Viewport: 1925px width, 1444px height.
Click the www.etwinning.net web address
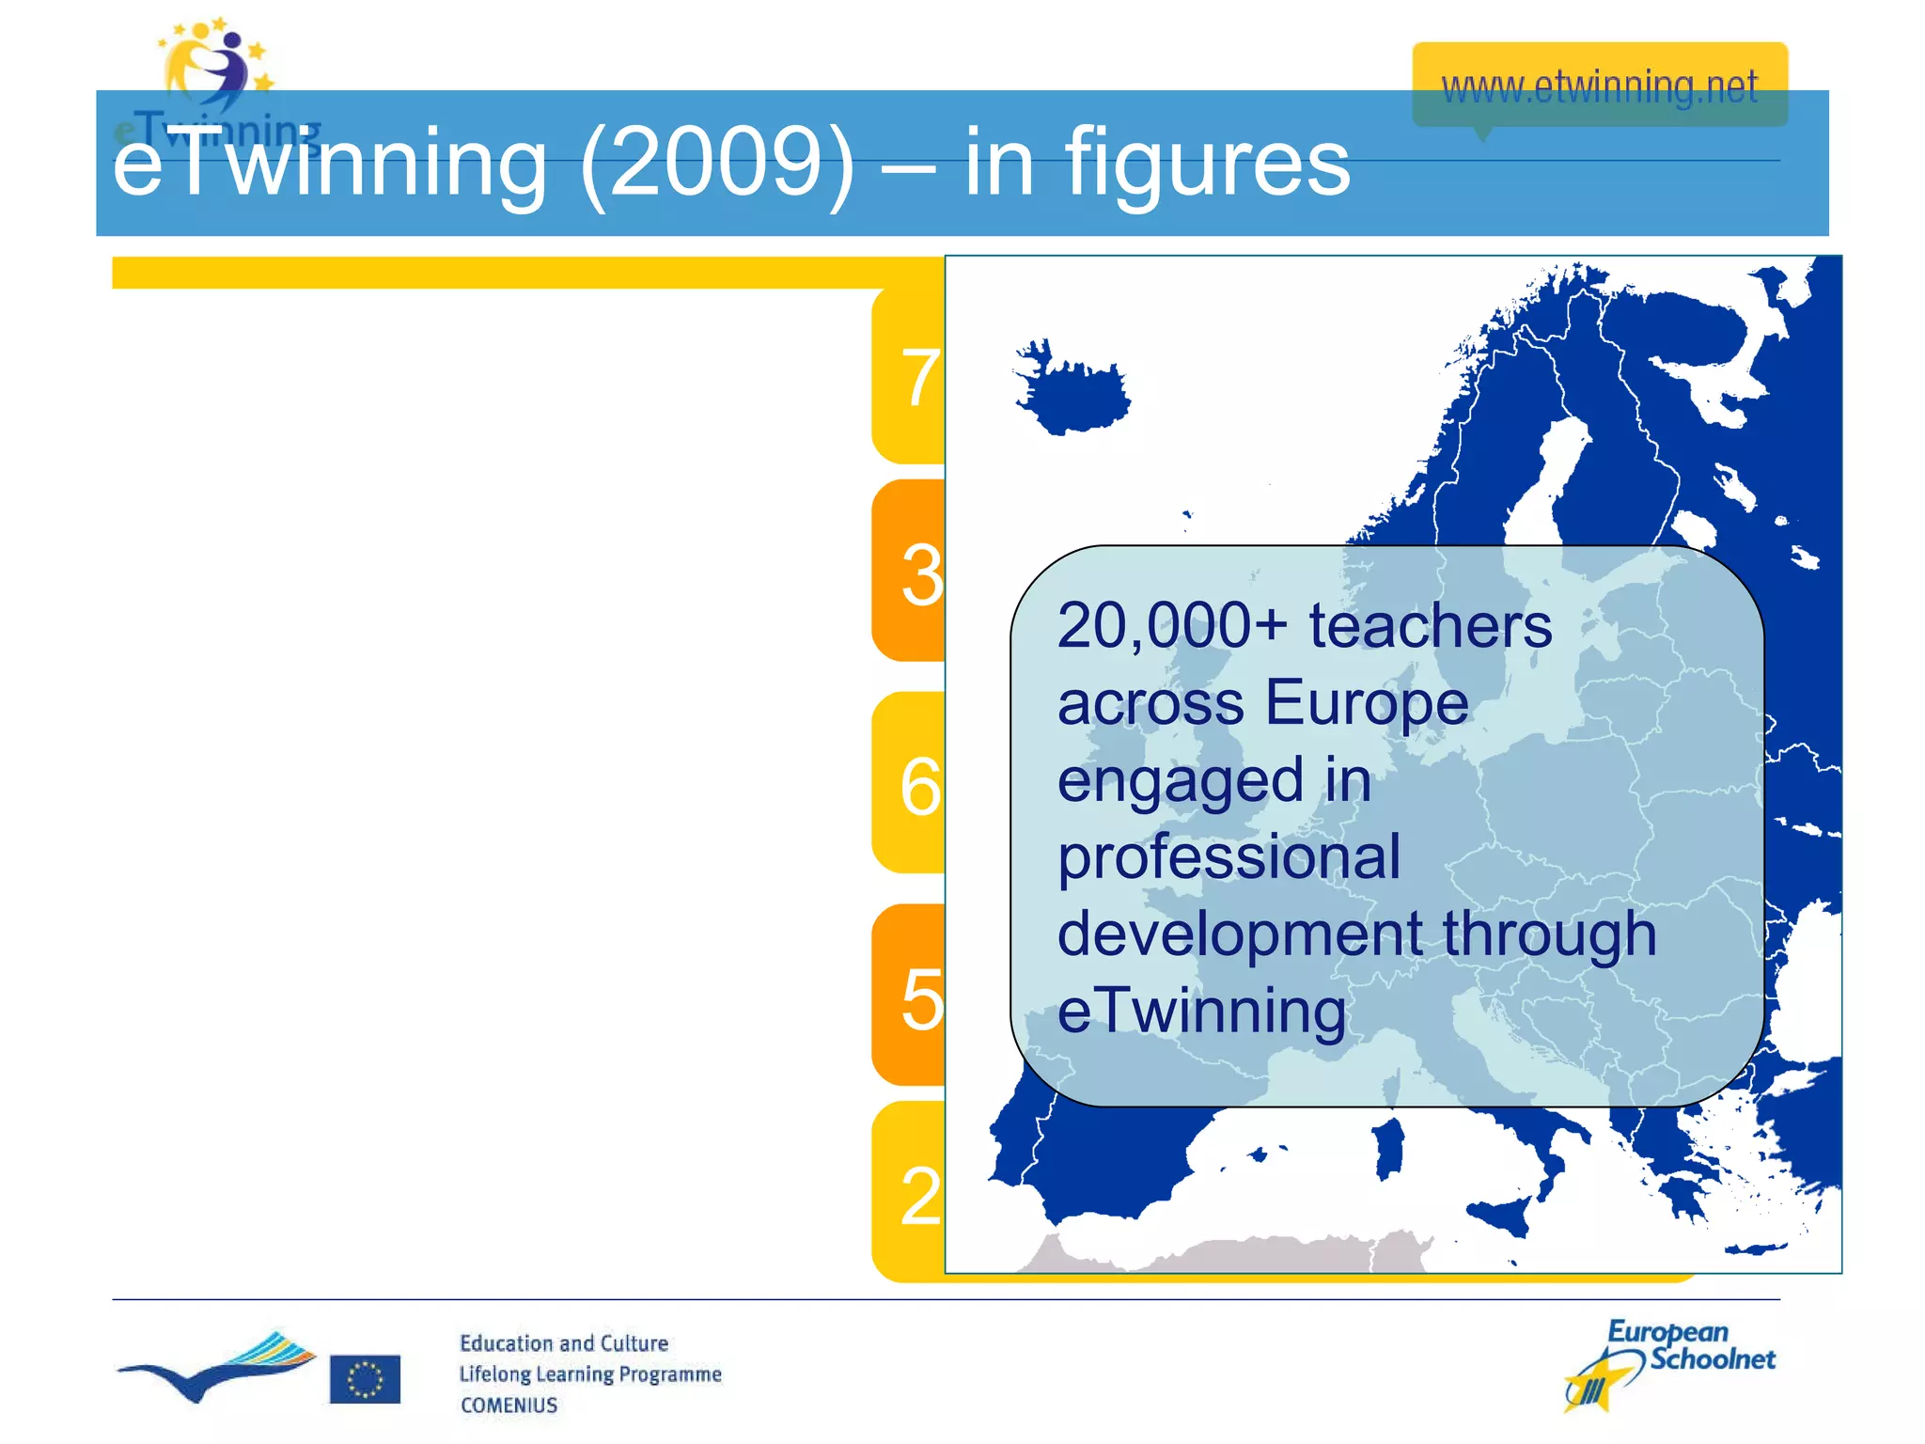tap(1599, 87)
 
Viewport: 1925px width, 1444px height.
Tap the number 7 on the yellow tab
tap(920, 378)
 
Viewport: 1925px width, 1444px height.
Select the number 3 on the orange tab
tap(921, 574)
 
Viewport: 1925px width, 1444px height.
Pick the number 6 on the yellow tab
tap(920, 786)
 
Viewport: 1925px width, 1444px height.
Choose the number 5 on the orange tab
tap(921, 998)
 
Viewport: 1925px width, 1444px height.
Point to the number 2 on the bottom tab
tap(920, 1197)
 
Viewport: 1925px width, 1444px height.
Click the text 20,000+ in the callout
tap(1171, 626)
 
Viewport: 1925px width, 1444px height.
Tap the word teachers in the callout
tap(1430, 626)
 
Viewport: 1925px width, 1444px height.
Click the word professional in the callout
tap(1229, 857)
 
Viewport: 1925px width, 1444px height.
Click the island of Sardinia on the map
tap(1388, 1149)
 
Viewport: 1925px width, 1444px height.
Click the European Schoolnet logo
tap(1669, 1363)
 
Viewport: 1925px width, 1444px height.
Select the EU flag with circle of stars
tap(365, 1379)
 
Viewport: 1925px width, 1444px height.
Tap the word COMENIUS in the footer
tap(509, 1405)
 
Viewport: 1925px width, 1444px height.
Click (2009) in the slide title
tap(717, 165)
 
